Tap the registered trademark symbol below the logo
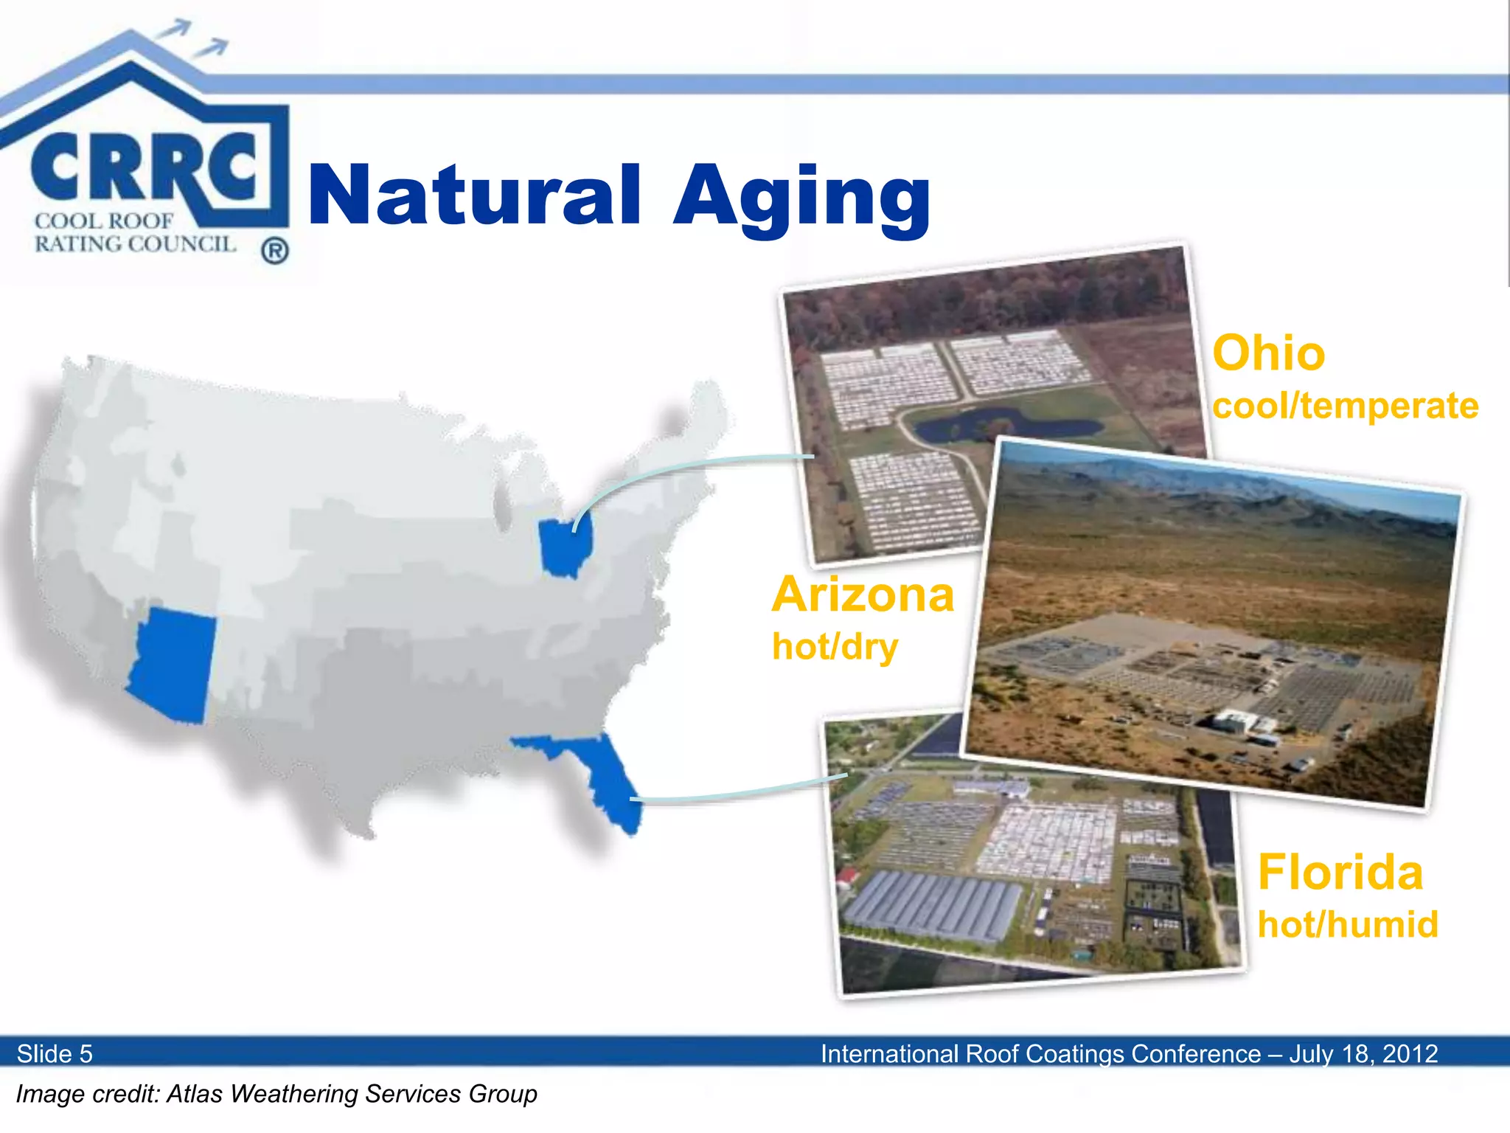pyautogui.click(x=275, y=252)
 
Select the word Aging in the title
pyautogui.click(x=801, y=198)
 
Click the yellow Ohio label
pyautogui.click(x=1268, y=353)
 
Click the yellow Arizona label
pyautogui.click(x=863, y=595)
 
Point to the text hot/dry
pyautogui.click(x=835, y=647)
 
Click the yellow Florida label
pyautogui.click(x=1340, y=873)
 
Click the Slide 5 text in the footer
pyautogui.click(x=55, y=1053)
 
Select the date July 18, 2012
pyautogui.click(x=1363, y=1053)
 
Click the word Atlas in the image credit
pyautogui.click(x=195, y=1094)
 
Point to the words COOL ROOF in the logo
pyautogui.click(x=104, y=221)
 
